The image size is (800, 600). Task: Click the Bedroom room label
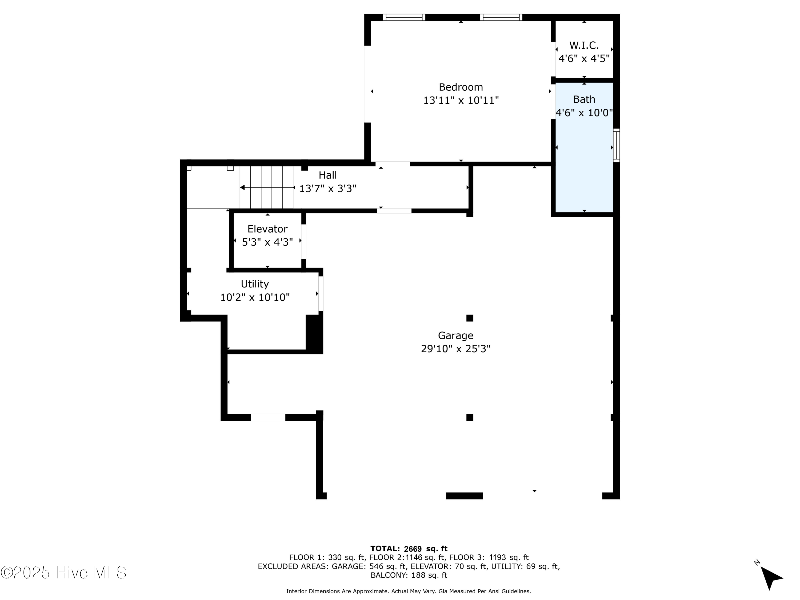[x=461, y=87]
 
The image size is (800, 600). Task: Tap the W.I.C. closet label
[x=584, y=45]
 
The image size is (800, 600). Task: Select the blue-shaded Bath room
[x=584, y=147]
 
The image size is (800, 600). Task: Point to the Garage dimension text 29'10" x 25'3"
[x=456, y=349]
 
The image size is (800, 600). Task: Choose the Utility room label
[x=255, y=284]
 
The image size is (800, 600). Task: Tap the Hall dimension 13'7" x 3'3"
[x=328, y=189]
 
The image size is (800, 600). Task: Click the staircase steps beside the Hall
[x=267, y=187]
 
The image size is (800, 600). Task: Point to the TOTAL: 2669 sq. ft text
[x=409, y=549]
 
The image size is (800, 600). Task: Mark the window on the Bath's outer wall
[x=617, y=145]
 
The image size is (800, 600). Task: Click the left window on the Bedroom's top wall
[x=404, y=17]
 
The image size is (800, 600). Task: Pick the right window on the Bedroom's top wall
[x=501, y=17]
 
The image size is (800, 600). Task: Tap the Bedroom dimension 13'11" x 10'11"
[x=461, y=100]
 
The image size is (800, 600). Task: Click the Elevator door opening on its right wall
[x=304, y=242]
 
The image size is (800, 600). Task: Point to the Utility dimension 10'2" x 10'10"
[x=255, y=297]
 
